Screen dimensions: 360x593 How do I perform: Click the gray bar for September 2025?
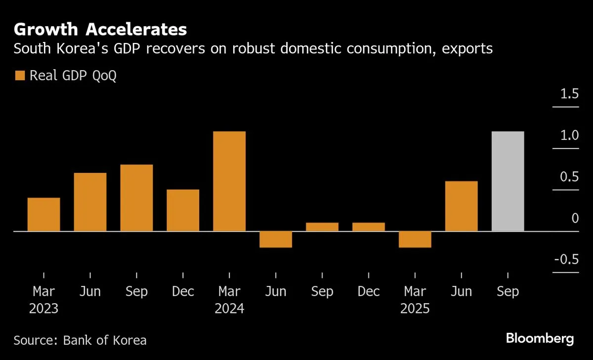[508, 181]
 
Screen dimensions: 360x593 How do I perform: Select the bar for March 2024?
[229, 181]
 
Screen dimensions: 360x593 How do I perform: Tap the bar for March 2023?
[43, 214]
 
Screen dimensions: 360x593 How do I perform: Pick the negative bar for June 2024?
[276, 240]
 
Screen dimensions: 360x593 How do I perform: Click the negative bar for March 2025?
[415, 240]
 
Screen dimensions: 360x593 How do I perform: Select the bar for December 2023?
[183, 210]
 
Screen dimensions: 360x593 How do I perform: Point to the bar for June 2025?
[462, 206]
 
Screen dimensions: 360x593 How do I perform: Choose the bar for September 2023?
[136, 198]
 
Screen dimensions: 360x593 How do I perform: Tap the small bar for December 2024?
[369, 227]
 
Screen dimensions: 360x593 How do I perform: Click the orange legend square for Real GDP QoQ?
[20, 76]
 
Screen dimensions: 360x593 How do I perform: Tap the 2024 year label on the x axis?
[229, 309]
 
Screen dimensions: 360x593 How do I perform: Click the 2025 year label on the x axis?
[415, 309]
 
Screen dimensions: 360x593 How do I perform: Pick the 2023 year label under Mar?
[43, 309]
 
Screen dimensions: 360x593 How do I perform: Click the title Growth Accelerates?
[100, 30]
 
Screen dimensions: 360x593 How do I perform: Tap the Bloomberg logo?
[540, 339]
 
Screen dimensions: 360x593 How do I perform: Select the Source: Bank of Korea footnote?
[80, 340]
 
